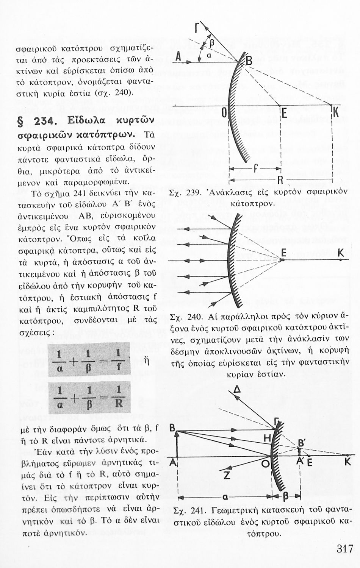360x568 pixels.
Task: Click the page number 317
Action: tap(344, 549)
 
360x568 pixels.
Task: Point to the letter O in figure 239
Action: tap(224, 112)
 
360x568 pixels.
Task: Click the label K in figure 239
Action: tap(335, 112)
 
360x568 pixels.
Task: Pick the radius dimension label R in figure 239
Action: tap(280, 179)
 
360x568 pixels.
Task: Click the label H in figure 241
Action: tap(267, 438)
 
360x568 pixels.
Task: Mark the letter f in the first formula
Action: tap(118, 367)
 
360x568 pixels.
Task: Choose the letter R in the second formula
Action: tap(119, 403)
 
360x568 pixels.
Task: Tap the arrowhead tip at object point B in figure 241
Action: tap(177, 431)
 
